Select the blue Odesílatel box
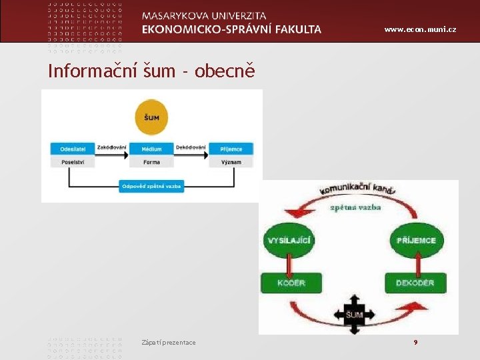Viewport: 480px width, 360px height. tap(72, 149)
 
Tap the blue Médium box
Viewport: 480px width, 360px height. tap(151, 149)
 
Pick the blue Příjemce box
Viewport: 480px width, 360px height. tap(231, 149)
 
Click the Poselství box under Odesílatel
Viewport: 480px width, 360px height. tap(72, 161)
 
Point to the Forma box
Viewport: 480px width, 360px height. tap(151, 161)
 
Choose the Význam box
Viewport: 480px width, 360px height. tap(231, 161)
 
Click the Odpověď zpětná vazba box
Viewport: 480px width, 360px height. tap(152, 187)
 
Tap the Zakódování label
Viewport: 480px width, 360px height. tap(111, 147)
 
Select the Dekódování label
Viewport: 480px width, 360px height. tap(191, 147)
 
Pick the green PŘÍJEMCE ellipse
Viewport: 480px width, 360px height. tap(416, 240)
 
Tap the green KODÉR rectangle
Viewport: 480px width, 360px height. tap(291, 283)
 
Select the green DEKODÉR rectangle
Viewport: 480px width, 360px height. tap(415, 283)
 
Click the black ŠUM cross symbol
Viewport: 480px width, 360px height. tap(354, 313)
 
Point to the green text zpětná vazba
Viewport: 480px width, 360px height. tap(355, 207)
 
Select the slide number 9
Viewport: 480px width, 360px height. tap(415, 342)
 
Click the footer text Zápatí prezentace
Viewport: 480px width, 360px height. tap(169, 342)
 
